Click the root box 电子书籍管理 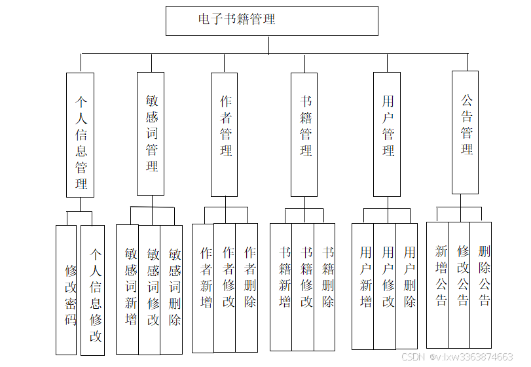click(x=272, y=20)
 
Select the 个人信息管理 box click(x=81, y=135)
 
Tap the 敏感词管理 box click(x=151, y=133)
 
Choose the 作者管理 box click(x=225, y=134)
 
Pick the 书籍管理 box click(x=304, y=134)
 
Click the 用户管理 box click(x=387, y=134)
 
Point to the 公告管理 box click(x=466, y=132)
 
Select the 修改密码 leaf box click(x=66, y=290)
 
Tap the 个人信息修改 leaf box click(x=93, y=290)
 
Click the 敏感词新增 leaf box click(x=128, y=289)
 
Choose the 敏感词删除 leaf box click(x=172, y=289)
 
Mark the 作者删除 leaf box click(x=247, y=288)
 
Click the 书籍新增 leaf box click(x=282, y=287)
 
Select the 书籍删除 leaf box click(x=325, y=287)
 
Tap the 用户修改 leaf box click(x=385, y=286)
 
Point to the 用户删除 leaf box click(x=407, y=286)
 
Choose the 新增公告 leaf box click(x=438, y=285)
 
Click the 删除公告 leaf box click(x=481, y=285)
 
